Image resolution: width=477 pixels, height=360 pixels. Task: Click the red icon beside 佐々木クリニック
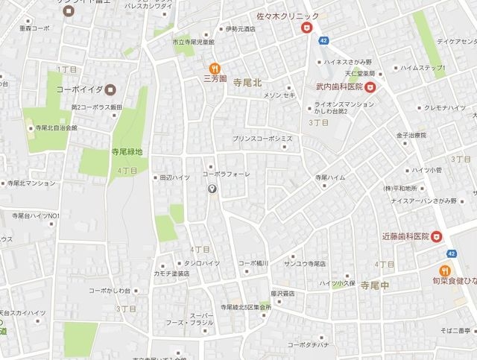[305, 28]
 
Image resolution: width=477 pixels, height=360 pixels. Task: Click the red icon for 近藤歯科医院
[437, 236]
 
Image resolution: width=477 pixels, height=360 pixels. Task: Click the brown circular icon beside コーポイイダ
[110, 89]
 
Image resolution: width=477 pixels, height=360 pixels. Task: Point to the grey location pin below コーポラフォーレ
[213, 189]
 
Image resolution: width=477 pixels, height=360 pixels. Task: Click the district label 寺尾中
[377, 285]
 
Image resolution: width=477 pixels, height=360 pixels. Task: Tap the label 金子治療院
[410, 135]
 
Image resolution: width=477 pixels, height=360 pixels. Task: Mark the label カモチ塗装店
[171, 274]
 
